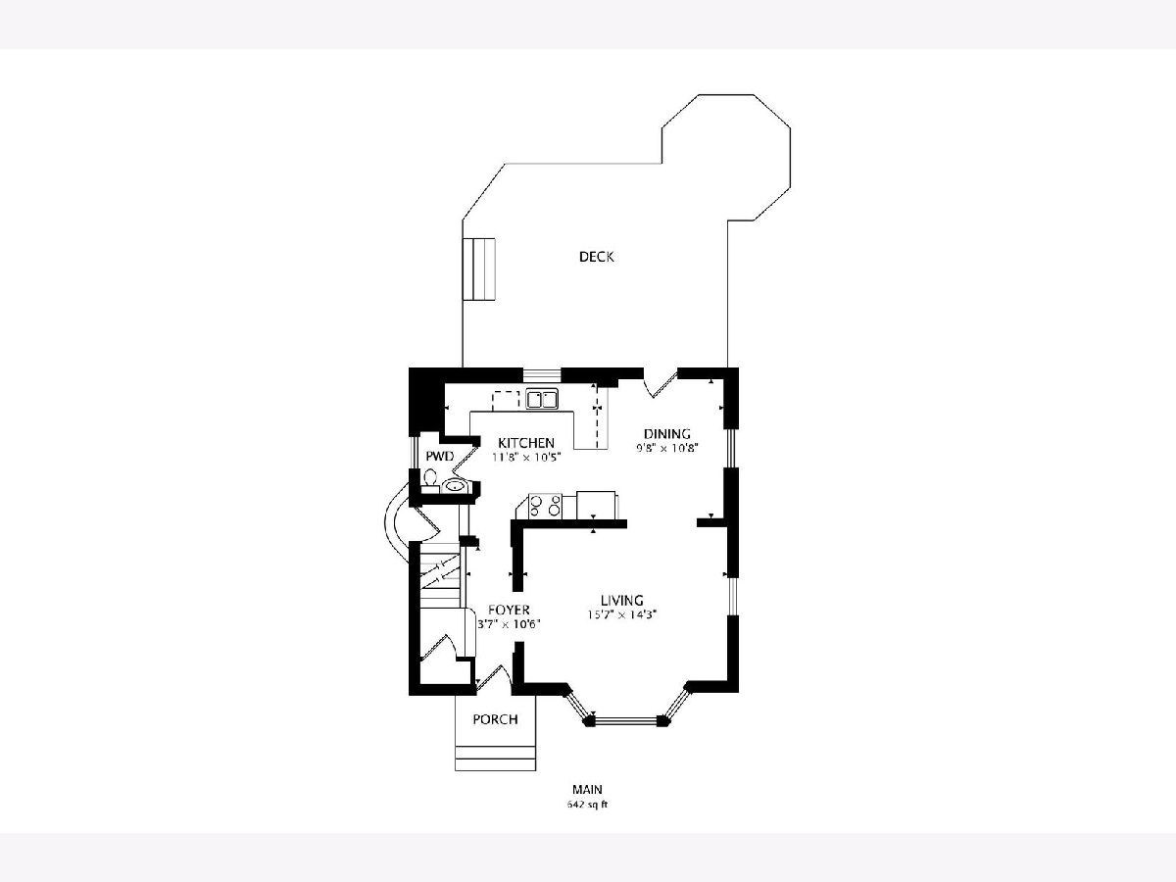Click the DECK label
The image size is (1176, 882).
(596, 257)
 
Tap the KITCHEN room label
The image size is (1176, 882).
(526, 443)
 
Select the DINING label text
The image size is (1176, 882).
(667, 434)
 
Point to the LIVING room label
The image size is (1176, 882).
(621, 601)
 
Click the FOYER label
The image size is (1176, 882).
(509, 610)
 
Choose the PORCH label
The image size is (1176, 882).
(495, 719)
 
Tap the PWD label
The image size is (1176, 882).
(440, 457)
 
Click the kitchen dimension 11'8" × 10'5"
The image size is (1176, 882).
(526, 458)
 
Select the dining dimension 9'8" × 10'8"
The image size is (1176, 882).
(667, 448)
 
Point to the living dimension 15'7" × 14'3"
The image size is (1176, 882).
(621, 614)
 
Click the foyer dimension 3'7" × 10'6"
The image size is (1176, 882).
(509, 624)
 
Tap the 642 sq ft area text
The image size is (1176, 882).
(587, 805)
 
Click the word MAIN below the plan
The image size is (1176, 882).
(587, 789)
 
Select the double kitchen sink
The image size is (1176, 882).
(542, 399)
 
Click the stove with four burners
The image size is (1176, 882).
(545, 506)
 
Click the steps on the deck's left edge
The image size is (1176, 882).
(478, 269)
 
